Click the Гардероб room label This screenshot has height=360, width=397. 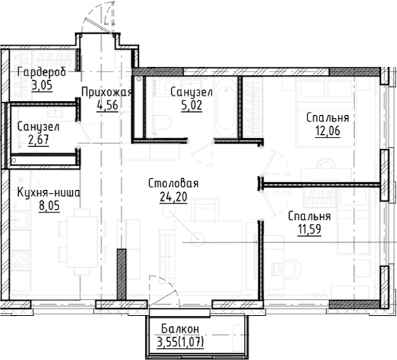pos(41,73)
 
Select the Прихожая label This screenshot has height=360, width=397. pos(104,92)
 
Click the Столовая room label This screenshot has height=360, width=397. pos(173,184)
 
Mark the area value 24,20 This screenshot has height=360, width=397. pos(173,197)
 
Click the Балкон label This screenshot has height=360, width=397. pos(180,328)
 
